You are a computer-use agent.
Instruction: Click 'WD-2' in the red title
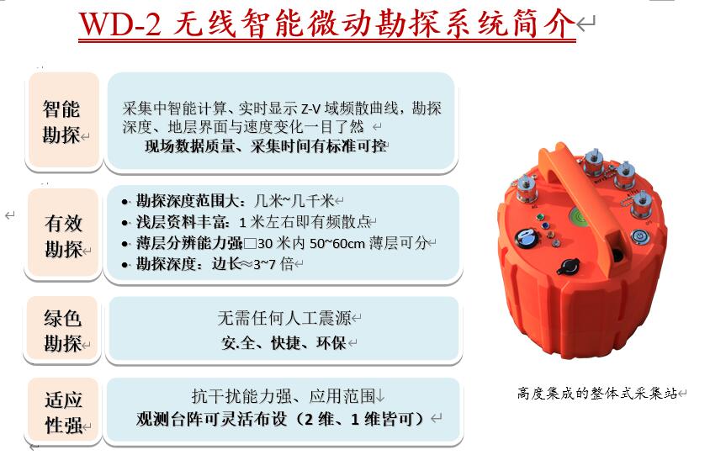[x=120, y=24]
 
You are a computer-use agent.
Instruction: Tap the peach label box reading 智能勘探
[x=64, y=120]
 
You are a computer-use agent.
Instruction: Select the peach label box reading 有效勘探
[x=64, y=235]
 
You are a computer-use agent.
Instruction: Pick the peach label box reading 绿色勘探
[x=63, y=330]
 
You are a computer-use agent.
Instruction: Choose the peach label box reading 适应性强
[x=64, y=411]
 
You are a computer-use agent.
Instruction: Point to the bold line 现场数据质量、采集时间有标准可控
[x=266, y=146]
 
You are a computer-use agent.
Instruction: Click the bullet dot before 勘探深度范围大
[x=125, y=202]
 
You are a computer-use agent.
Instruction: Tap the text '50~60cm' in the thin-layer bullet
[x=337, y=244]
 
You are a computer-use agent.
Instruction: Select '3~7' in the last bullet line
[x=264, y=264]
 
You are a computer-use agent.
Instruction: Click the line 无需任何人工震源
[x=284, y=318]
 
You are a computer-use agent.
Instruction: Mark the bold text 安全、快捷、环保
[x=283, y=342]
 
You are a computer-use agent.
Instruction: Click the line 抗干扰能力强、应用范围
[x=283, y=396]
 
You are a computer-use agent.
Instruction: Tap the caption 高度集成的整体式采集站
[x=597, y=393]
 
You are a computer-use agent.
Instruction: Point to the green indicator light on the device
[x=540, y=217]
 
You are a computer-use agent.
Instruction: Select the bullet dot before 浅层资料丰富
[x=125, y=223]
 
